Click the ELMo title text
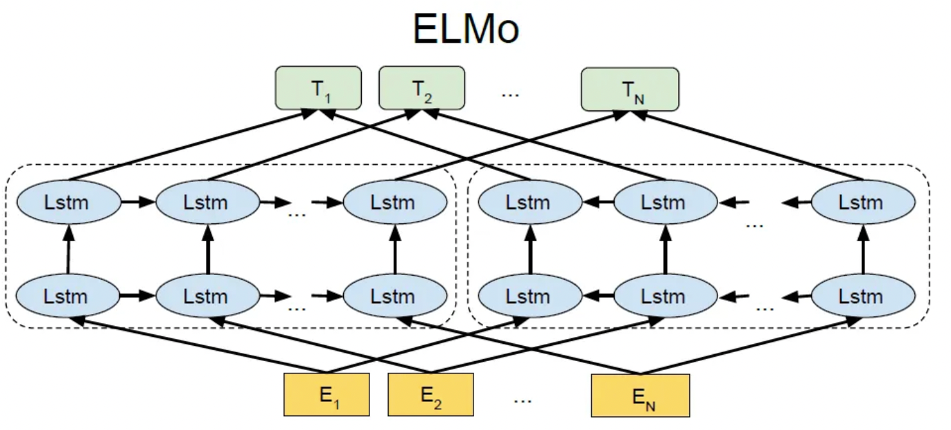(x=465, y=29)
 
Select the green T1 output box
(x=318, y=88)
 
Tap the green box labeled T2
(x=422, y=88)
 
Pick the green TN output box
(x=630, y=88)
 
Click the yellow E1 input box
(x=327, y=395)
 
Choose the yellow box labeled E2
(x=431, y=395)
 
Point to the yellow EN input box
(x=640, y=395)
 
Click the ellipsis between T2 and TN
(x=510, y=92)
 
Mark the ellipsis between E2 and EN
(x=524, y=398)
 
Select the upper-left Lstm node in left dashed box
(x=66, y=203)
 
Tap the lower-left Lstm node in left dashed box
(x=66, y=296)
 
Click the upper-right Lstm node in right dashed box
(x=863, y=203)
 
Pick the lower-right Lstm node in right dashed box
(x=863, y=296)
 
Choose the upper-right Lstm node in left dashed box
(x=394, y=203)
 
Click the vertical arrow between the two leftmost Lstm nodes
(x=68, y=249)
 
